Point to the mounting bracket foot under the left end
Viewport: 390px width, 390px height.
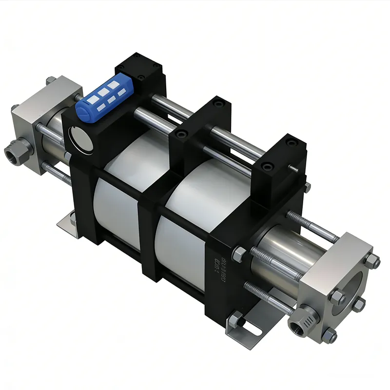(x=66, y=224)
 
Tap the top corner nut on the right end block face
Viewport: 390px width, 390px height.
(x=375, y=262)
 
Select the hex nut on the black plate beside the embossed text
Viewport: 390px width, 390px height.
(x=240, y=254)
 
